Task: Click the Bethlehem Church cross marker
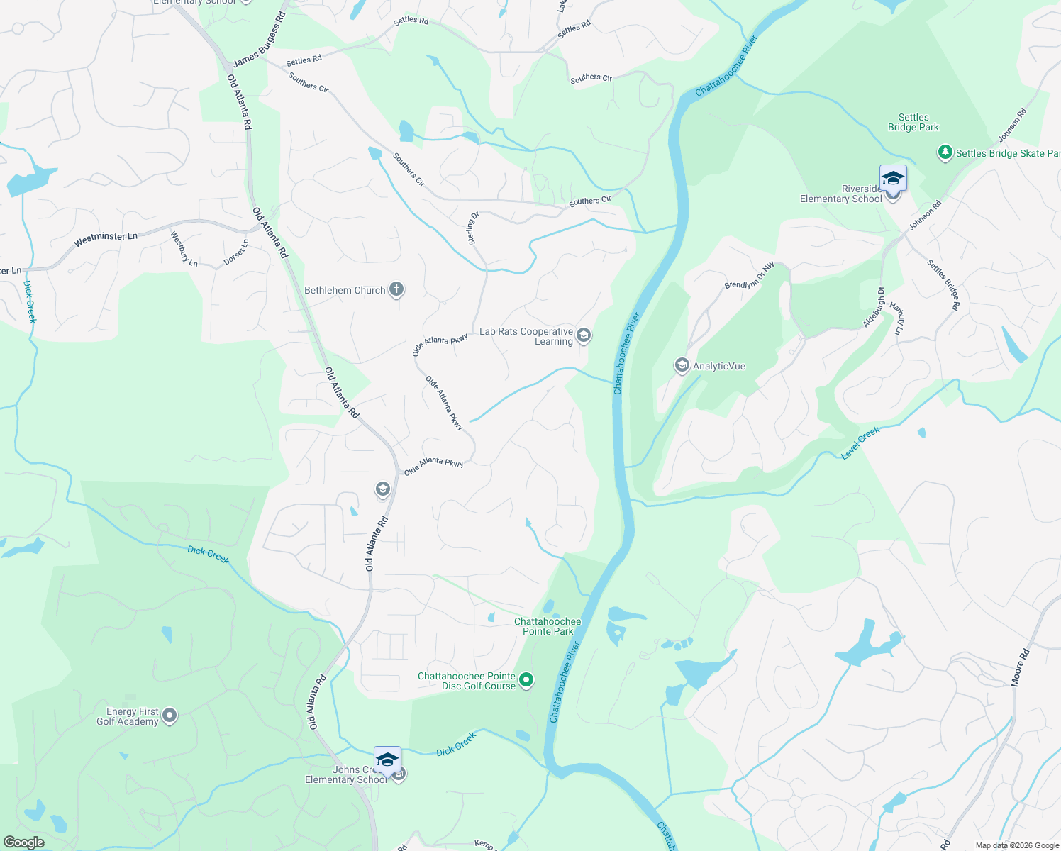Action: [x=396, y=289]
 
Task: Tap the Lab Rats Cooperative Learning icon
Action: [x=584, y=335]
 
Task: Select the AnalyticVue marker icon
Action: [x=682, y=365]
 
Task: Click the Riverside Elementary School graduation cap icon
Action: [x=893, y=178]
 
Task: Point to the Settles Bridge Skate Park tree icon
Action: [x=945, y=152]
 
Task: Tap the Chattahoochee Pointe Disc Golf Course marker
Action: [x=526, y=681]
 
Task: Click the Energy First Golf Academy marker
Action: [x=170, y=716]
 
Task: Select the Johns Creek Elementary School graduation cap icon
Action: [x=387, y=760]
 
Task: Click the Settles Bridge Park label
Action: [x=913, y=122]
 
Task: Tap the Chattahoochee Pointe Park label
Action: [x=548, y=626]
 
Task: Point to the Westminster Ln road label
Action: [x=106, y=240]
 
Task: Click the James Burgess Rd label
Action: [x=259, y=40]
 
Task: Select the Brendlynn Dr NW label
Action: [x=749, y=276]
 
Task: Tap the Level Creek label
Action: [x=860, y=443]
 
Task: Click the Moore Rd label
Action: [x=1021, y=667]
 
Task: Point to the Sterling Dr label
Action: [x=474, y=228]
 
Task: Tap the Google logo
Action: [x=24, y=842]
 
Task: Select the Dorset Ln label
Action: [x=236, y=252]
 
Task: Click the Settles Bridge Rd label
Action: [x=943, y=284]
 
